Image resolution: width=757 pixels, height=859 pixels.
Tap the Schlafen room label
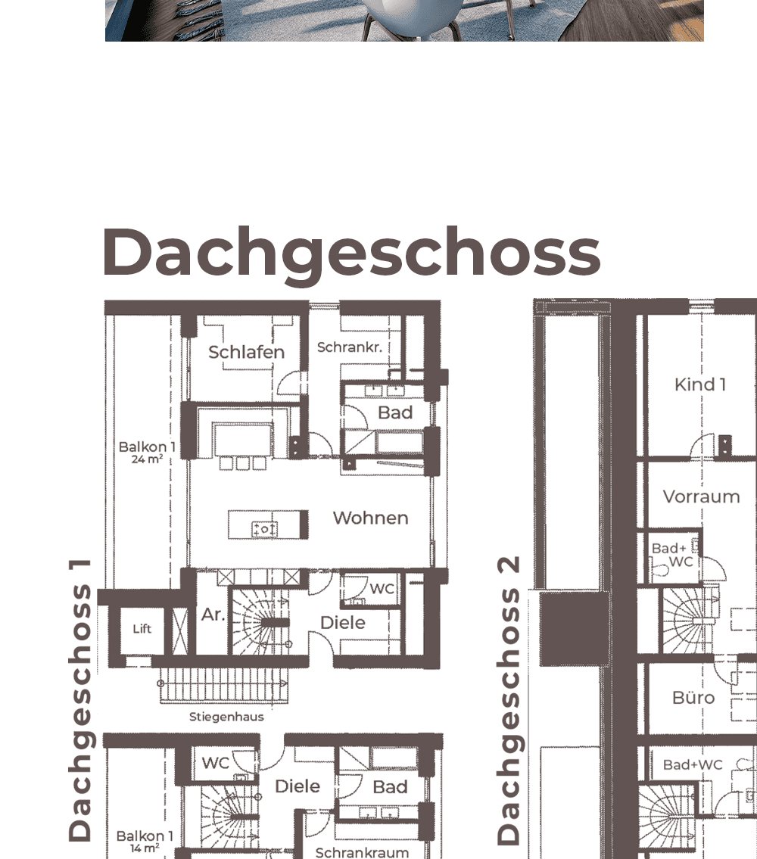pos(247,352)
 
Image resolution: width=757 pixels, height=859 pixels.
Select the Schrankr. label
pos(350,347)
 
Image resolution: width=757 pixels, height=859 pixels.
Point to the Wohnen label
pos(371,518)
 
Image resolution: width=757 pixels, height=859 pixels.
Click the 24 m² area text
pos(147,459)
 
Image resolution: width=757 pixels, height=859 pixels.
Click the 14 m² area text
pos(145,848)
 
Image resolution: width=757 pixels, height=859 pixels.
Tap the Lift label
pos(142,629)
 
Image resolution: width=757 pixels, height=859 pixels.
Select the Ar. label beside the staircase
pos(213,615)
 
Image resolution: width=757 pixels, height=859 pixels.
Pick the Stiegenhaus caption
pos(226,717)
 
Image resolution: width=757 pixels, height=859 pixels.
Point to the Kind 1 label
pos(700,384)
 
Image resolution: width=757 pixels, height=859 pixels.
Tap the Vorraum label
pos(702,497)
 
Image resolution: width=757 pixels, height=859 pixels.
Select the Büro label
pos(693,697)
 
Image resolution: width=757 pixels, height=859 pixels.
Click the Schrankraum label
pos(362,852)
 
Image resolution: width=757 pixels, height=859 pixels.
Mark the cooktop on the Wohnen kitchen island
pos(264,529)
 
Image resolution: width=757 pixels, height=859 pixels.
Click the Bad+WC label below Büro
pos(693,764)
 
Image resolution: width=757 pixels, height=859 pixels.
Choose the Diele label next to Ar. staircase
pos(343,623)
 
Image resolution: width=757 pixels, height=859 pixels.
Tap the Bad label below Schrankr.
pos(395,412)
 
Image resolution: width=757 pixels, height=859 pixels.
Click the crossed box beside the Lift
pos(180,631)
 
